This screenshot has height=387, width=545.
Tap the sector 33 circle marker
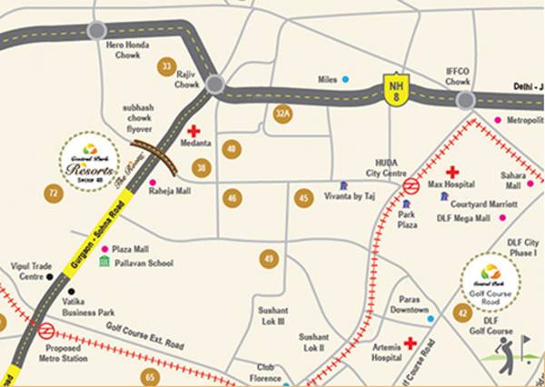[165, 66]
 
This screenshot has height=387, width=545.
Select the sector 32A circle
[283, 113]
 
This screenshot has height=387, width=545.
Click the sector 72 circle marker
[54, 193]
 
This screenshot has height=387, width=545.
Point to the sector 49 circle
[268, 260]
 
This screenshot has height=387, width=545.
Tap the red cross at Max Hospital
[451, 172]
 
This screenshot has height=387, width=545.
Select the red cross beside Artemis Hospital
[411, 343]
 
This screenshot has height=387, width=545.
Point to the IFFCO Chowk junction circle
[466, 100]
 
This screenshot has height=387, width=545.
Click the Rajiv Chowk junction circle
[215, 84]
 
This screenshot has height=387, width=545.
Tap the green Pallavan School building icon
[104, 263]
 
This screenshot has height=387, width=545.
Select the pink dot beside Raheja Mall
[153, 183]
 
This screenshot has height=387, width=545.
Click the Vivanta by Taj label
[351, 196]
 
